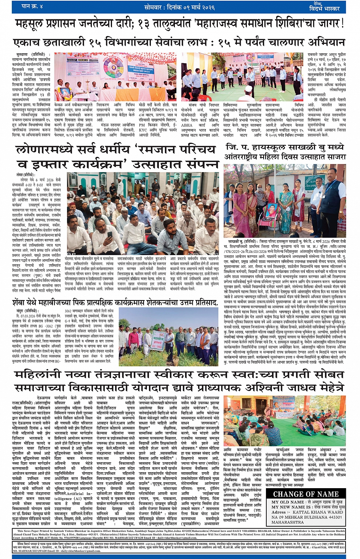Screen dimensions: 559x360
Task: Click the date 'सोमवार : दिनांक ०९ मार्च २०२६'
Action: (179, 7)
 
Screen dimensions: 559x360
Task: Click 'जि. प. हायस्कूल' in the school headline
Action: (248, 147)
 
